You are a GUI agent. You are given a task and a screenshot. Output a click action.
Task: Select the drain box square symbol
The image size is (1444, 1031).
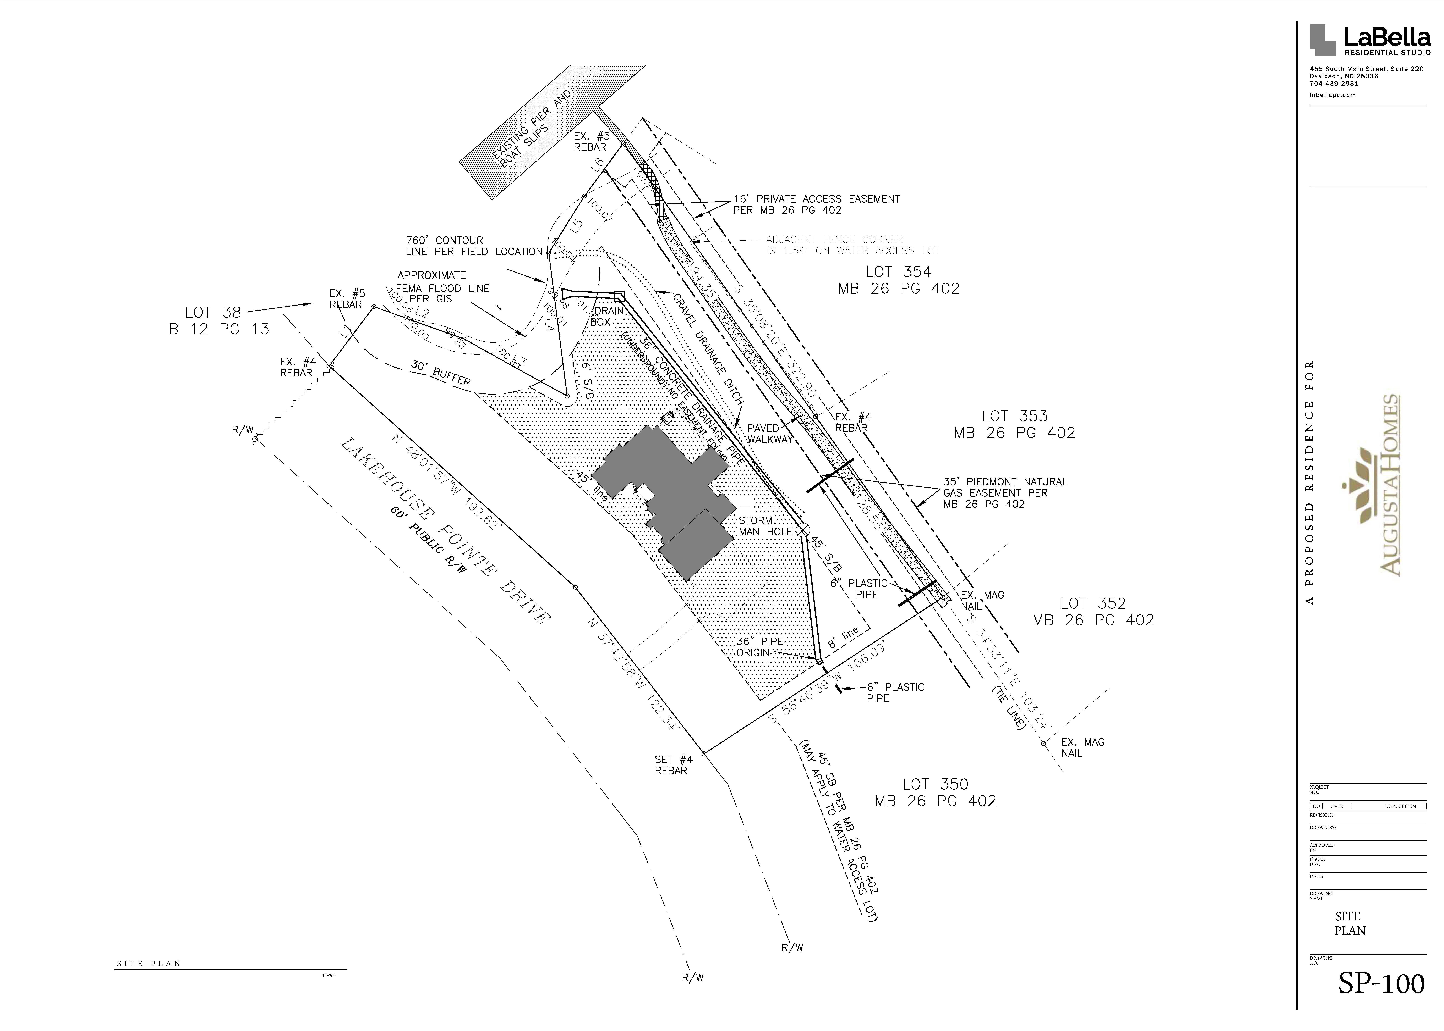tap(619, 296)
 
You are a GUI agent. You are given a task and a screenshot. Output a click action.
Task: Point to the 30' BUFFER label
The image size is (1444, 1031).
tap(441, 373)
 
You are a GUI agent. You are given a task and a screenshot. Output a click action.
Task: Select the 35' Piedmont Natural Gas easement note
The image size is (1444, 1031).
tap(1005, 493)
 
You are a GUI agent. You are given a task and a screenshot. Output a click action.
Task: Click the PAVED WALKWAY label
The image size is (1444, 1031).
tap(770, 434)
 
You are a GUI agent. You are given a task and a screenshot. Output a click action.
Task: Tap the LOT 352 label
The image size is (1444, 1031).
tap(1093, 611)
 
